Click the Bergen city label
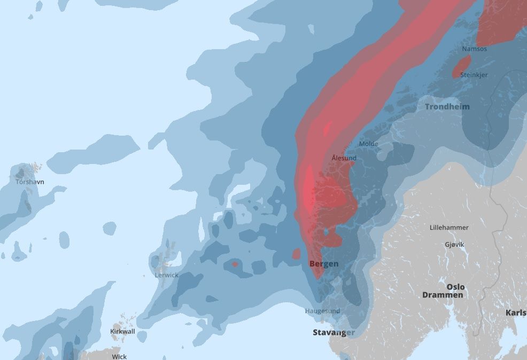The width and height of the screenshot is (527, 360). (323, 264)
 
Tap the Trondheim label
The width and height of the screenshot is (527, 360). (447, 107)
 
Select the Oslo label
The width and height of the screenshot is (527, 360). (455, 287)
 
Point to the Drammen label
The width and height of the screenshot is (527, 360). (443, 295)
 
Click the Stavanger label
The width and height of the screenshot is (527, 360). (334, 332)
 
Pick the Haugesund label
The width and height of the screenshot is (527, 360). (322, 311)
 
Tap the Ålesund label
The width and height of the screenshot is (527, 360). (344, 158)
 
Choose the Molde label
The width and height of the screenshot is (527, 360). (368, 144)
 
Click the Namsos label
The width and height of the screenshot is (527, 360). (474, 49)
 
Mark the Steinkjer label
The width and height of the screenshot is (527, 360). (474, 75)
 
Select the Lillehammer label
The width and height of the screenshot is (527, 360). (449, 228)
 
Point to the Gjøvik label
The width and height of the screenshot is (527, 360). (454, 244)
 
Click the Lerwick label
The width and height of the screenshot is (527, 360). (166, 275)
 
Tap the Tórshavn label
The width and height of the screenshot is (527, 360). (30, 182)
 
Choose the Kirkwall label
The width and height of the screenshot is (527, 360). (122, 332)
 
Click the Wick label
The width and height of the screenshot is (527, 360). (119, 356)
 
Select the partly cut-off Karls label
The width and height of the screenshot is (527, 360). (515, 312)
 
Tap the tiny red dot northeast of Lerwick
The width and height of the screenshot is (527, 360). (235, 264)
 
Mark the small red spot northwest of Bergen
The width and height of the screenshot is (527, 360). (297, 254)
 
